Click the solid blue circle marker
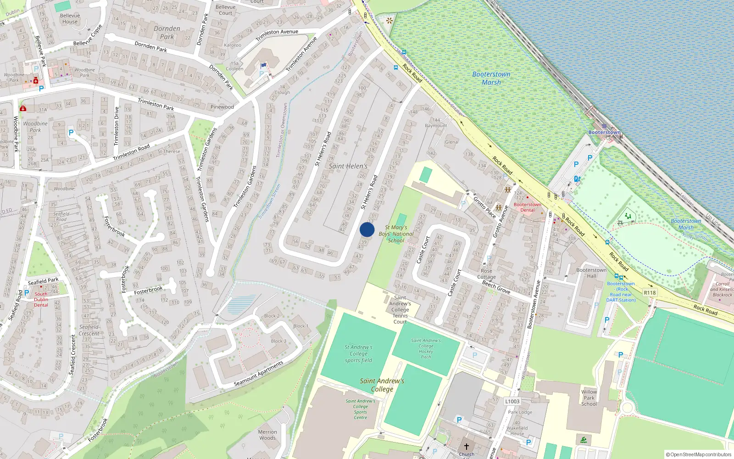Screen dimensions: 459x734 367,229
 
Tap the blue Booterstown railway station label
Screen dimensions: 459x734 604,132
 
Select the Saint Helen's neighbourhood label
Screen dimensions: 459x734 348,166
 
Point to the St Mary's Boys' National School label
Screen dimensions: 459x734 396,234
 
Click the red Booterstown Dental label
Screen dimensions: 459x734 527,207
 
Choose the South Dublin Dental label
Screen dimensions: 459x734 41,299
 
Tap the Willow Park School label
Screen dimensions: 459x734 589,398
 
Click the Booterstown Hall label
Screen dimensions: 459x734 591,273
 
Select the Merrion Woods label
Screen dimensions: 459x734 267,435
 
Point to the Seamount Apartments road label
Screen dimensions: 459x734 258,374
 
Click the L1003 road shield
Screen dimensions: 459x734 512,401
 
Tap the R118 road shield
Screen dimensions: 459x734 650,292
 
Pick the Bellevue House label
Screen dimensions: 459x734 70,18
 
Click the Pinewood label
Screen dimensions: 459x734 222,107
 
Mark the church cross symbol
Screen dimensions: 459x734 467,446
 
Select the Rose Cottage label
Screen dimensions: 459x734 486,274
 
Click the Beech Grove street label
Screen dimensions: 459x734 496,287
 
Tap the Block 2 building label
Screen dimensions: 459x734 272,316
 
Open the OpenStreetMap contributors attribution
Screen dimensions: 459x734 699,454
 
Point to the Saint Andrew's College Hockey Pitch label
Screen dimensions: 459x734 426,348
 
